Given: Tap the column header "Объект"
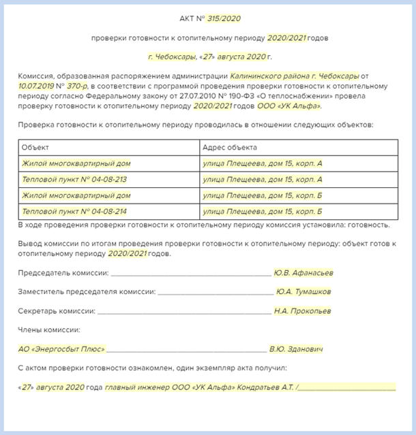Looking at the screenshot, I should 35,147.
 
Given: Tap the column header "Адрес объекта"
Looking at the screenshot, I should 229,147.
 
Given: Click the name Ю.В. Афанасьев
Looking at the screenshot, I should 303,273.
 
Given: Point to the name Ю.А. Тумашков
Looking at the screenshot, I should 303,291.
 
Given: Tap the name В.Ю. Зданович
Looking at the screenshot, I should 296,349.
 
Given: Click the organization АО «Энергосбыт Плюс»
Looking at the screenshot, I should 62,349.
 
